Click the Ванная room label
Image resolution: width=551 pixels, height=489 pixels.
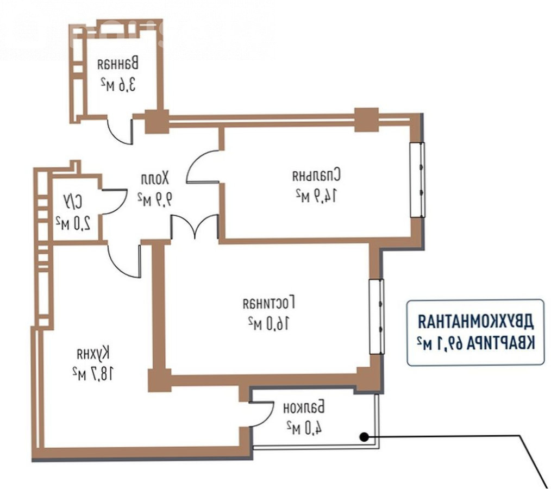tap(118, 64)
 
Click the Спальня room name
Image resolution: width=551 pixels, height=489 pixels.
tap(317, 175)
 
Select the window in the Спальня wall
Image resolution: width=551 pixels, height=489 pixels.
tap(417, 180)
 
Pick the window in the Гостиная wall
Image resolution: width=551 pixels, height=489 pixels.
tap(377, 316)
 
